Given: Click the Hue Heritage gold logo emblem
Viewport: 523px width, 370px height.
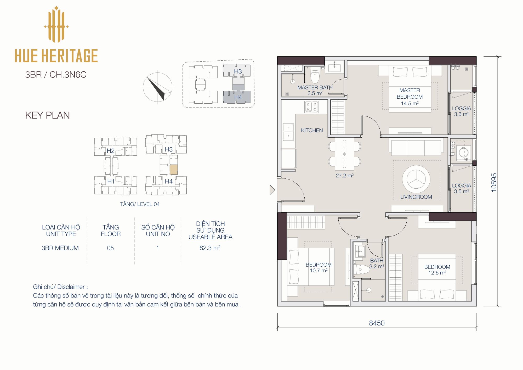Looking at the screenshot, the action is click(x=56, y=24).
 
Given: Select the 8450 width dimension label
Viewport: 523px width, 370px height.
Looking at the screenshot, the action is click(x=377, y=323).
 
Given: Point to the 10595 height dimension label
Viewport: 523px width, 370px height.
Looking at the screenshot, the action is click(x=494, y=182).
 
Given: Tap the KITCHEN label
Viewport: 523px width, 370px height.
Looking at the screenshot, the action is click(x=312, y=130).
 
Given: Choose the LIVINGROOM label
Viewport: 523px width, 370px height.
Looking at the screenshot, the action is click(x=416, y=197).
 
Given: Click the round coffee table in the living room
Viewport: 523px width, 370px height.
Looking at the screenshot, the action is click(x=416, y=179).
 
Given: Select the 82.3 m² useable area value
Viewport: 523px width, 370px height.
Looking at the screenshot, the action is click(x=210, y=248).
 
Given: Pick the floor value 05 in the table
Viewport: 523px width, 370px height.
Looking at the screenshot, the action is click(x=110, y=248).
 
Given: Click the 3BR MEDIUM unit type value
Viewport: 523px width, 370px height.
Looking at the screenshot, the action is click(x=60, y=248).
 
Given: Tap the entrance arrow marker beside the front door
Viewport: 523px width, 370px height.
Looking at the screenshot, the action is click(x=272, y=190).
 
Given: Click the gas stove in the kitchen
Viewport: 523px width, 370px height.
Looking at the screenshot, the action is click(x=312, y=107).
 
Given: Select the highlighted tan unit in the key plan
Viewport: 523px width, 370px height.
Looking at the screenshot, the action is click(x=174, y=170).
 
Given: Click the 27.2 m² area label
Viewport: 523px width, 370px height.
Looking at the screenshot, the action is click(x=345, y=176).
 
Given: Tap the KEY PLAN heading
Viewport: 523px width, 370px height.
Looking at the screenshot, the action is click(x=48, y=115).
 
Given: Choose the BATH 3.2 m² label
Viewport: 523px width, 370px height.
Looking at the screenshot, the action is click(x=377, y=264).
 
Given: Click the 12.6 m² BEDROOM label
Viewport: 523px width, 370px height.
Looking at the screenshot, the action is click(x=437, y=270).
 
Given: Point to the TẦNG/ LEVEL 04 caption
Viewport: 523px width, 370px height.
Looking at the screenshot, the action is click(x=140, y=204).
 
